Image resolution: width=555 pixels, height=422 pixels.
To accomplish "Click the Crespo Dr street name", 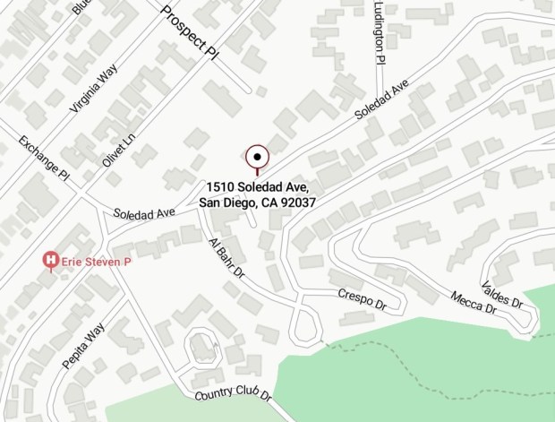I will [x=362, y=300].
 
